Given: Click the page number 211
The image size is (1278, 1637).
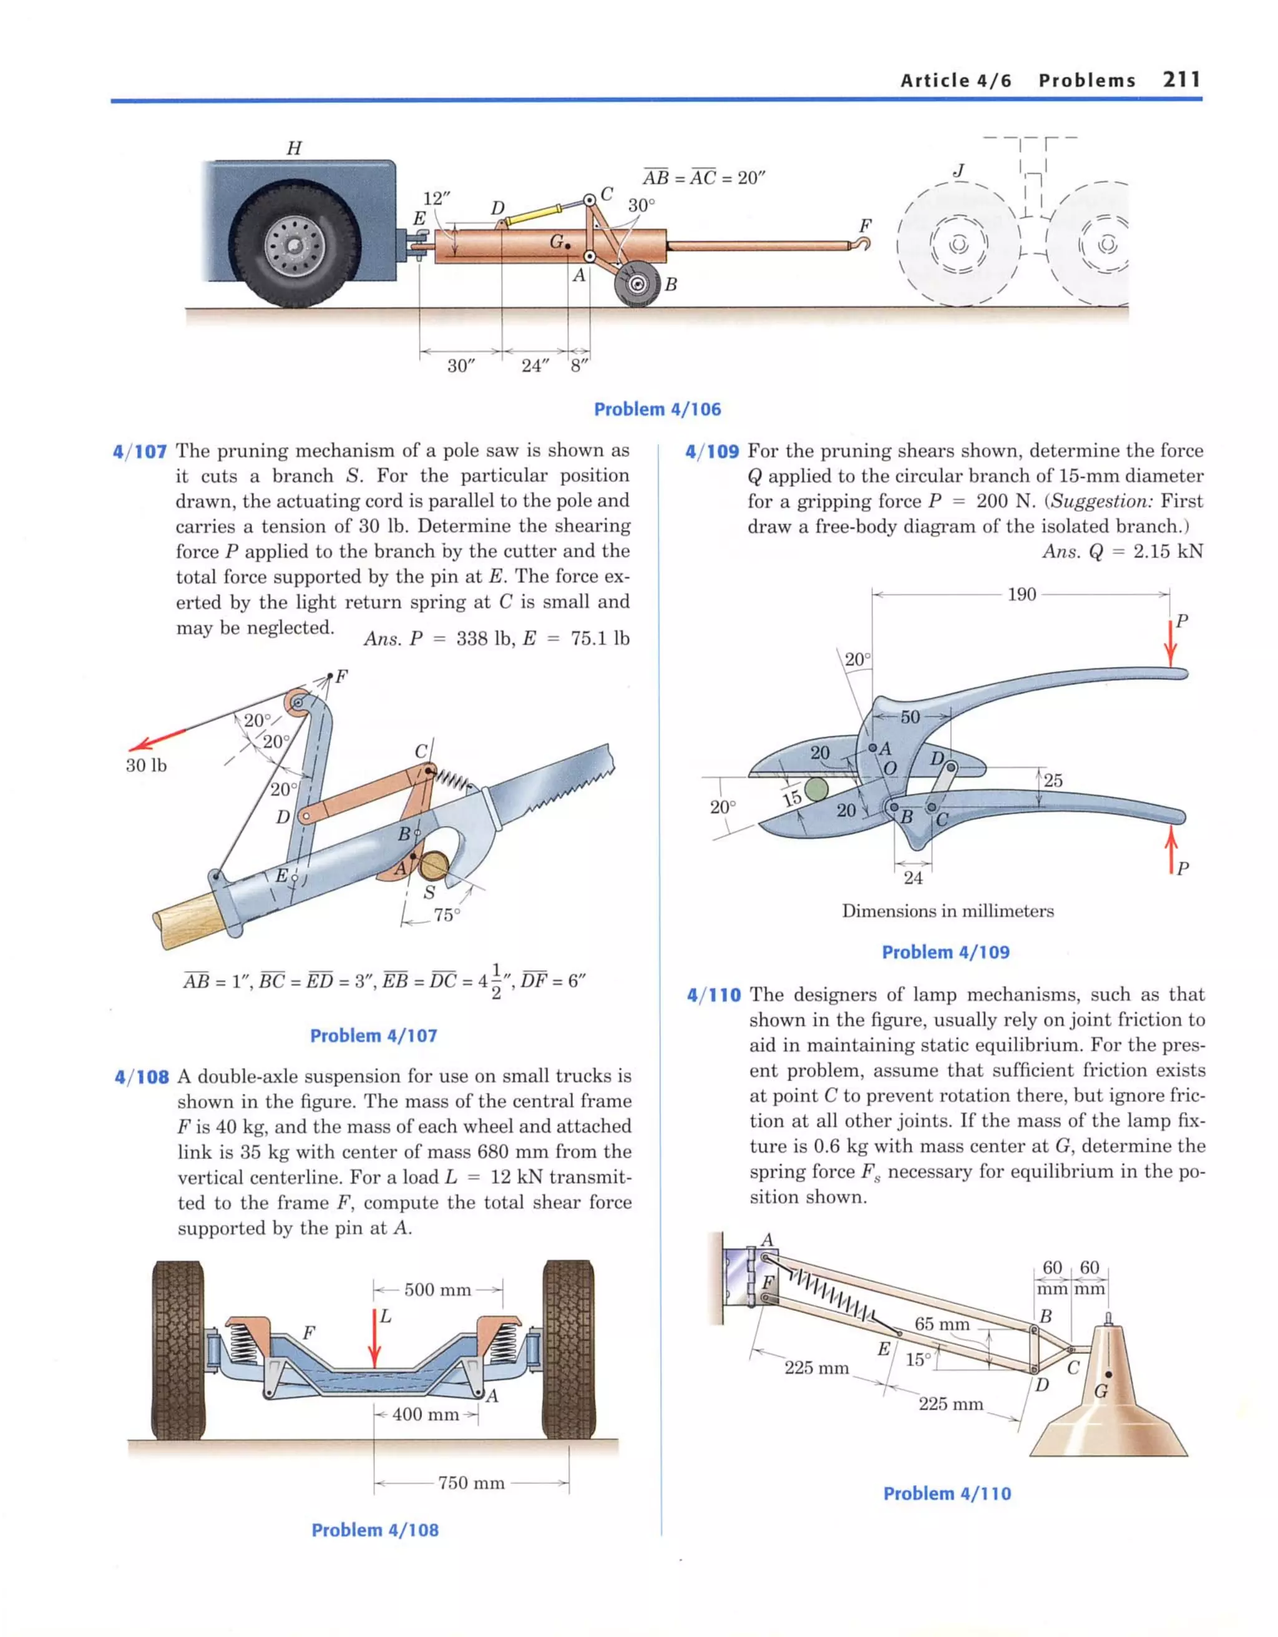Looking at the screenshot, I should (x=1181, y=79).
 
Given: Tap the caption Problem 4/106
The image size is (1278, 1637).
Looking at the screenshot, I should (x=656, y=409).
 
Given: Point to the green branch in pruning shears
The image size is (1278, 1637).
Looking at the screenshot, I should (x=816, y=788).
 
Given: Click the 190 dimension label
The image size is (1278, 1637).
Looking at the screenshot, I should (x=1021, y=594).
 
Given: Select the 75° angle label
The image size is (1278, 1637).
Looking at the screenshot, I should (x=446, y=915).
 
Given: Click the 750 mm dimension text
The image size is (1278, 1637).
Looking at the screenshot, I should (x=471, y=1483).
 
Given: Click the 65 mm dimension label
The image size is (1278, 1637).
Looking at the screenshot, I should (x=942, y=1324).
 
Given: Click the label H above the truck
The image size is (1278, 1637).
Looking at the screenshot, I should (x=294, y=148).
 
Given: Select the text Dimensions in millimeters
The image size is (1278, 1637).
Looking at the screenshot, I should (x=947, y=911).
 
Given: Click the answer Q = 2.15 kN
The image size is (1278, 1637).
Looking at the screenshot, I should (x=1122, y=552).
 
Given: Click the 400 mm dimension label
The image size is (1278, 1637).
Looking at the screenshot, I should (x=425, y=1414).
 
